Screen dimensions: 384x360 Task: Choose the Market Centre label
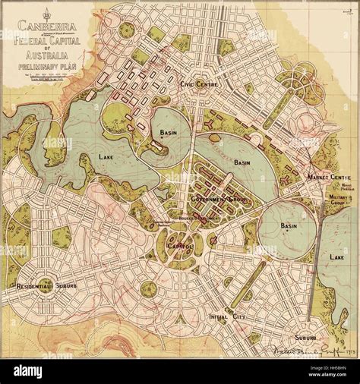(x=327, y=176)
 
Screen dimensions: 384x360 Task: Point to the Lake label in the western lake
(x=107, y=156)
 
